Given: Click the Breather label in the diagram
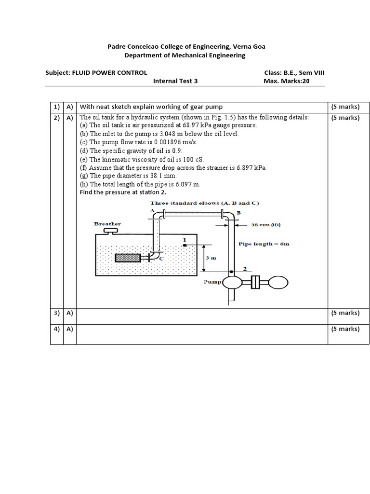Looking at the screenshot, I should [x=107, y=224].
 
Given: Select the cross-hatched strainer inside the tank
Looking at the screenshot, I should [x=128, y=258].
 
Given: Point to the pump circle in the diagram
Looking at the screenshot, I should [x=232, y=281].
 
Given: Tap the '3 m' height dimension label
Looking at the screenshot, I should [x=211, y=258].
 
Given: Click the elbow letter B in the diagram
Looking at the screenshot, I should [x=238, y=212].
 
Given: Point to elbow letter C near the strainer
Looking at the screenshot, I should [x=161, y=259].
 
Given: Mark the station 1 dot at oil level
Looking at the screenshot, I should [x=185, y=245].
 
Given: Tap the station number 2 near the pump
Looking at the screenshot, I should [x=245, y=269].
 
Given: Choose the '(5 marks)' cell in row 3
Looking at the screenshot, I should [x=345, y=313].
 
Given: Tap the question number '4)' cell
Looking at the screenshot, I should [x=56, y=329].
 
